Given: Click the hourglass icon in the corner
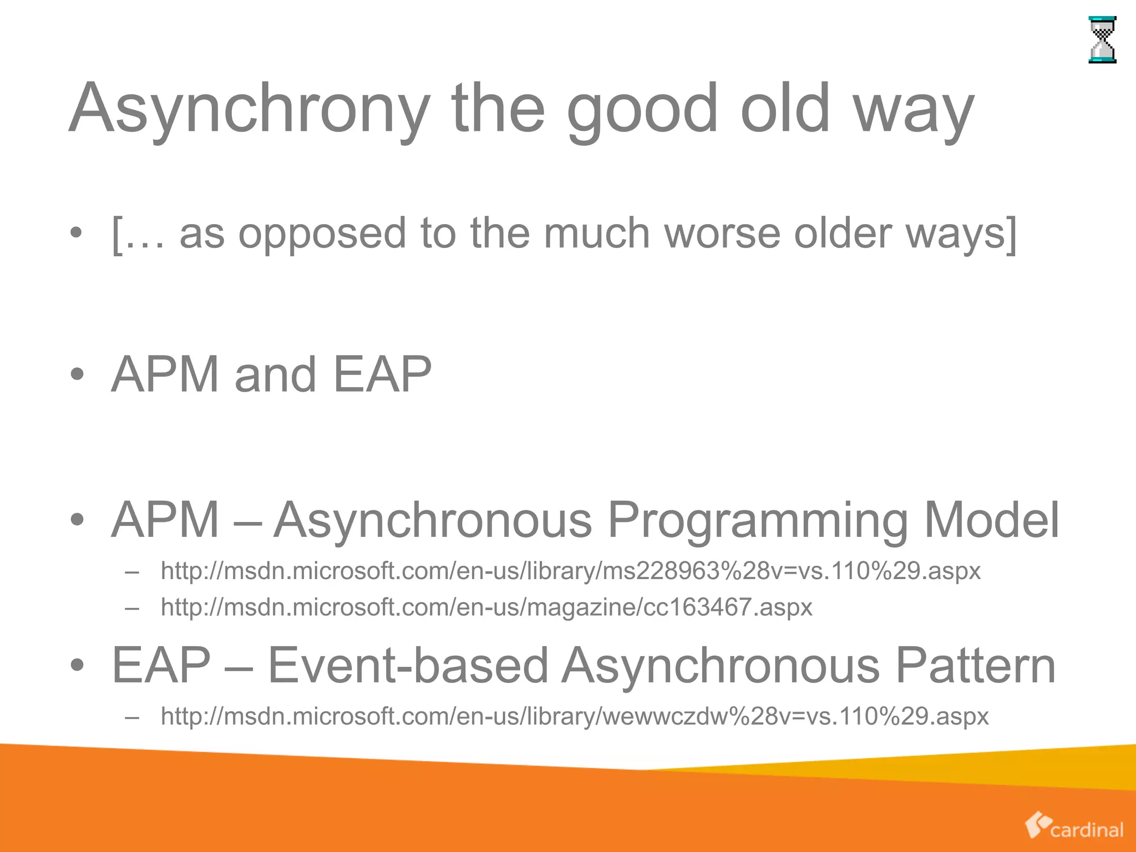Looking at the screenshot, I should tap(1102, 40).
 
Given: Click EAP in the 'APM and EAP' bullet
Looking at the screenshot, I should tap(382, 374).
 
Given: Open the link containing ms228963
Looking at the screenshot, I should tap(570, 571).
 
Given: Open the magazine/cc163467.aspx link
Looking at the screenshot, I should tap(486, 607).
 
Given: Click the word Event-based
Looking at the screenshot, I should tap(408, 665).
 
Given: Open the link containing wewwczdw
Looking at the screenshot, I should tap(574, 716).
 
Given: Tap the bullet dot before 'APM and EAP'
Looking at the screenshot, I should tap(77, 375).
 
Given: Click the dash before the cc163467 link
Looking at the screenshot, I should tap(132, 607).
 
